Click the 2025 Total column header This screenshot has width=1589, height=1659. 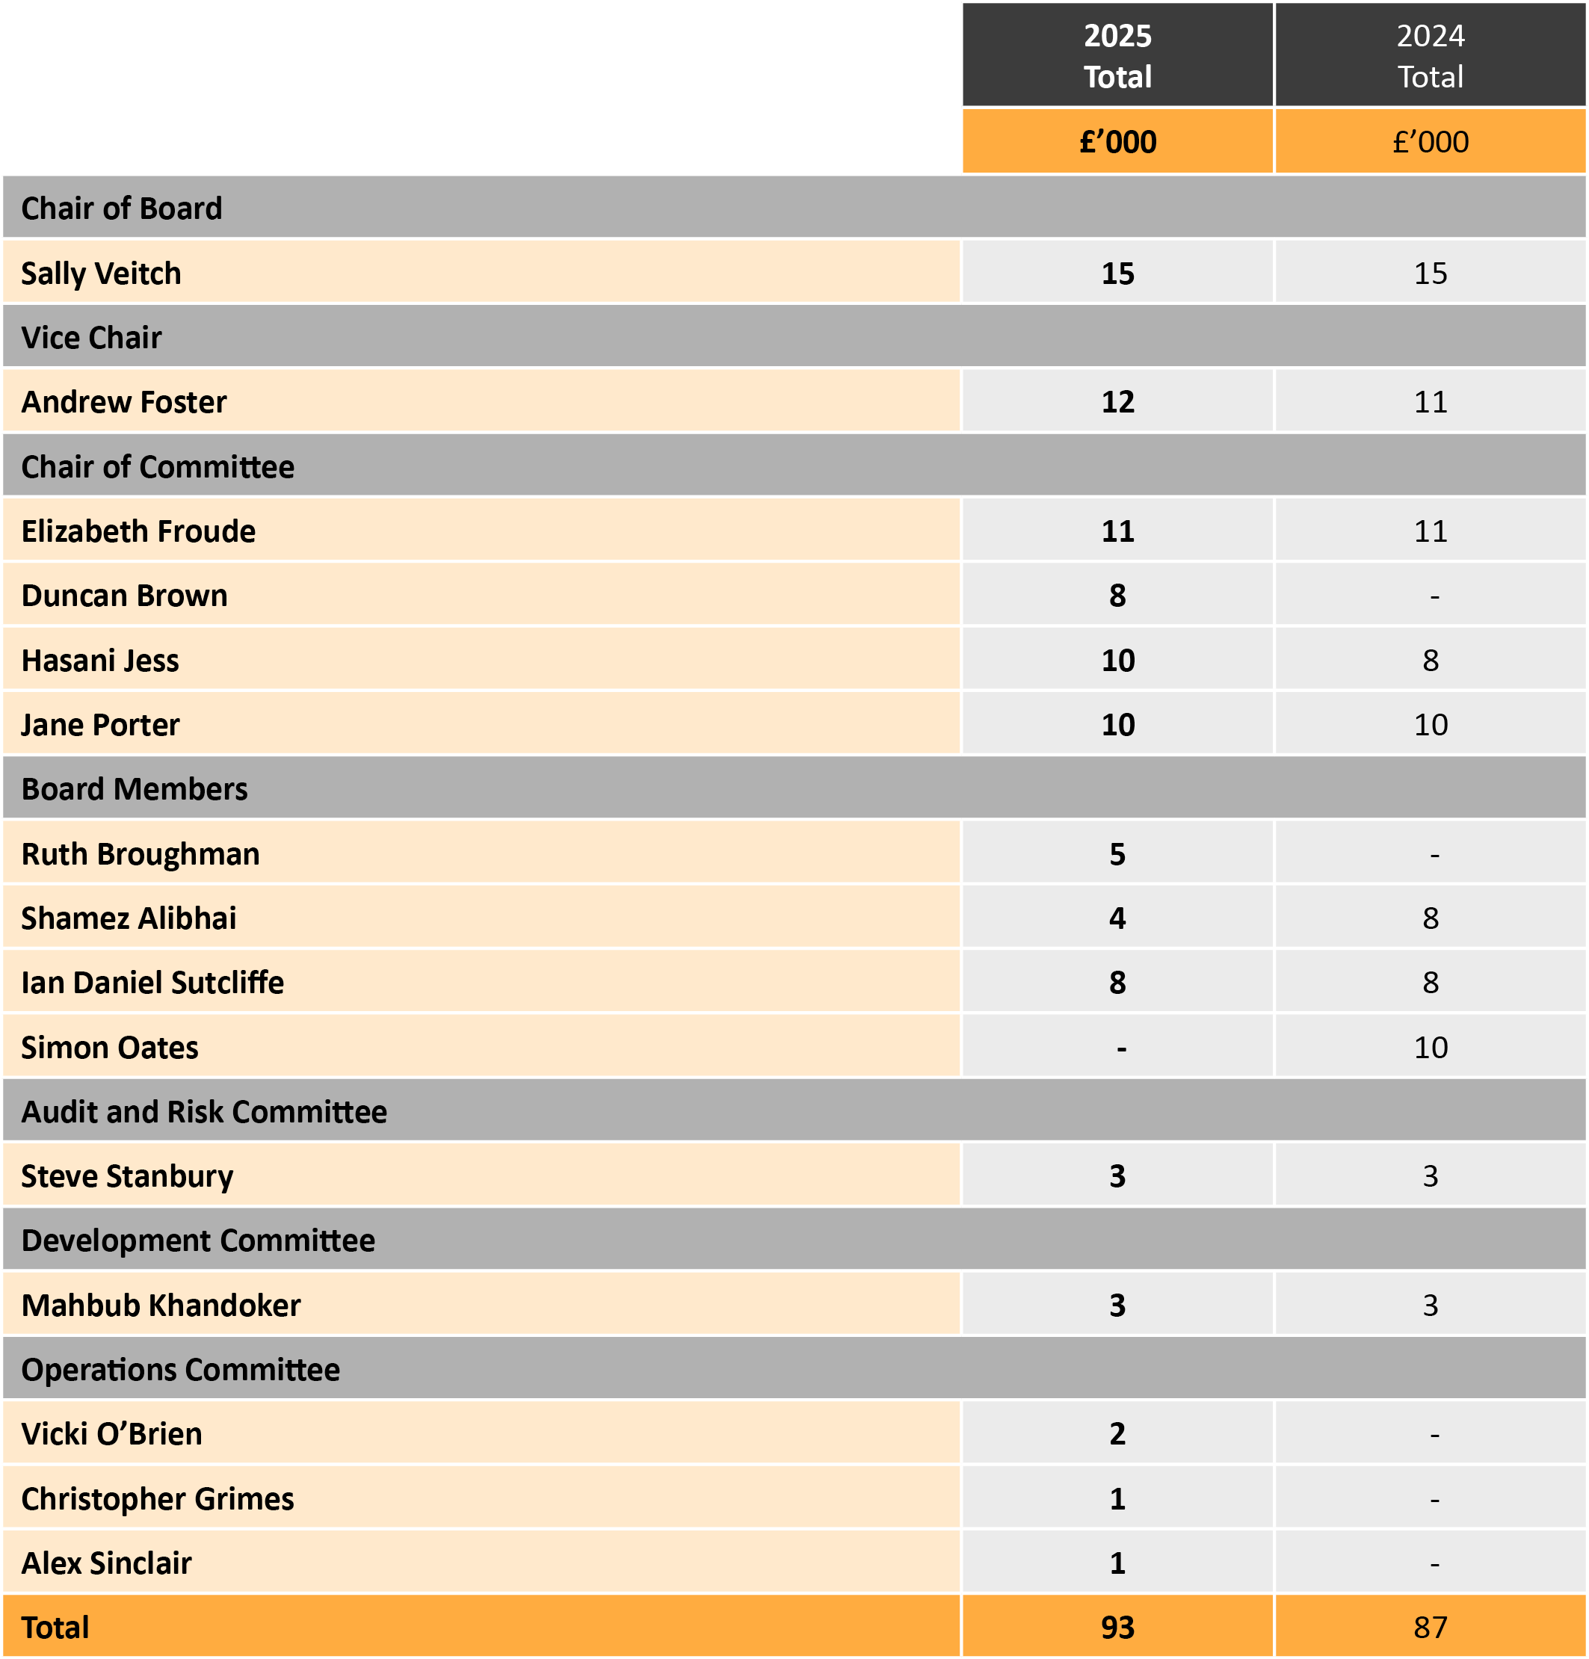point(1117,56)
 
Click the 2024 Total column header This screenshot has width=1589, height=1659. point(1430,56)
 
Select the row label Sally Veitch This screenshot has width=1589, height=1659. point(101,274)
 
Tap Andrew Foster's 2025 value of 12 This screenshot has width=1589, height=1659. point(1117,402)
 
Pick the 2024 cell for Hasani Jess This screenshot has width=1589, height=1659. point(1430,660)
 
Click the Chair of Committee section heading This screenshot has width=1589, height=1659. point(158,466)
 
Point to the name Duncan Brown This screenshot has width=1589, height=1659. point(125,596)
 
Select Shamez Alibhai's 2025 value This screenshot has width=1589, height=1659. point(1117,918)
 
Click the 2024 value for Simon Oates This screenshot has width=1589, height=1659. point(1430,1048)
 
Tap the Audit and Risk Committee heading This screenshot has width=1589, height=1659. point(204,1112)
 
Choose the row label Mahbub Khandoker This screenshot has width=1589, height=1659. point(161,1306)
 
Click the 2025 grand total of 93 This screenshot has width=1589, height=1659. point(1117,1628)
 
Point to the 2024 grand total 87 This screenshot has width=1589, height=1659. point(1430,1628)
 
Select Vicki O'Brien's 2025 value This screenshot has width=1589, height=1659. point(1117,1434)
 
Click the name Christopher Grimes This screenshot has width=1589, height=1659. point(158,1499)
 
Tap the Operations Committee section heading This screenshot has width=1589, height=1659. point(180,1370)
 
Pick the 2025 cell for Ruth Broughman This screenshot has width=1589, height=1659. point(1117,854)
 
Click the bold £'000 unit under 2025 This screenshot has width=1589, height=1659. point(1117,141)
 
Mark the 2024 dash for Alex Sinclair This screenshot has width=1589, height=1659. point(1434,1564)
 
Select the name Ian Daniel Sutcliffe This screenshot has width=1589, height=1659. point(152,983)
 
